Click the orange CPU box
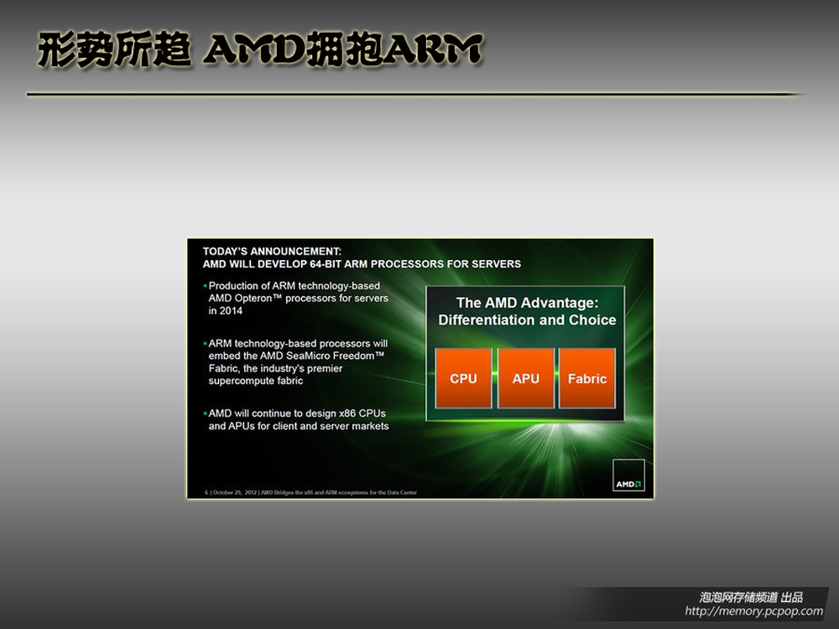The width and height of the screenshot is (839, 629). (463, 378)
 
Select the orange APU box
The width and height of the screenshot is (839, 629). (525, 378)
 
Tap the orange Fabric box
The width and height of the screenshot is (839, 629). (587, 378)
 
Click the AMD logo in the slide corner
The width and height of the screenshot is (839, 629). (628, 475)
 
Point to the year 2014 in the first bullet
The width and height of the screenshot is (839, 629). (231, 311)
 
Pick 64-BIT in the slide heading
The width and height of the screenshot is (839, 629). (326, 263)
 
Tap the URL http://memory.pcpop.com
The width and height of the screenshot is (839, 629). (753, 611)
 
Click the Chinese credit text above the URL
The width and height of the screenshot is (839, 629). (751, 597)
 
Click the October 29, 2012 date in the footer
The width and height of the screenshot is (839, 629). (235, 492)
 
